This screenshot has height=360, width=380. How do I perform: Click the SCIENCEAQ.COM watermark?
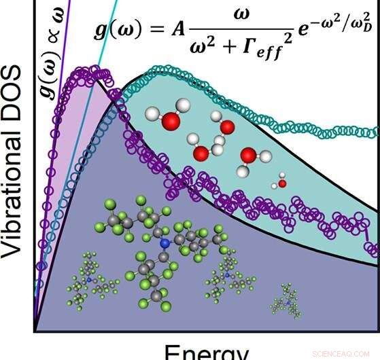point(343,354)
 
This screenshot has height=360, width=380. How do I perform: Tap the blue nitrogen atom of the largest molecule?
point(164,242)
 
